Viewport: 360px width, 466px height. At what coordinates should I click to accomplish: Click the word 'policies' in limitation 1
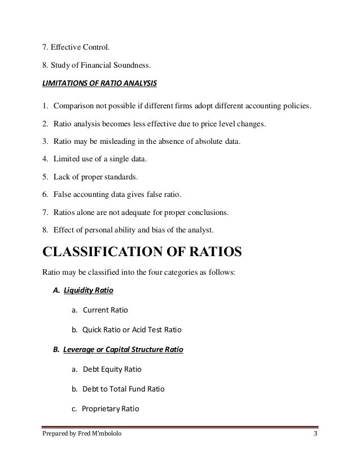(x=294, y=105)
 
